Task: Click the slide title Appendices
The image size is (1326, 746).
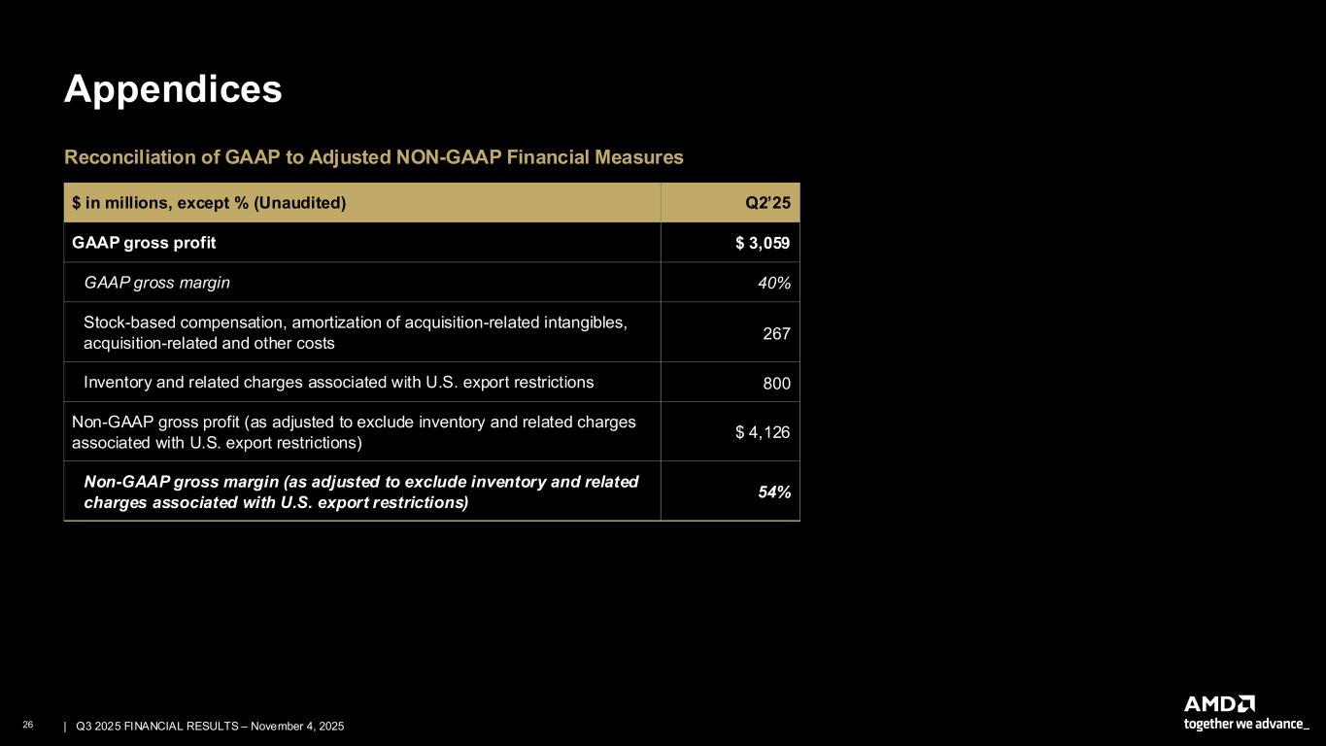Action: coord(173,89)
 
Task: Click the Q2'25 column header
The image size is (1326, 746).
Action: coord(767,203)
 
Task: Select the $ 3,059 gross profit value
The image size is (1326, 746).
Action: coord(763,243)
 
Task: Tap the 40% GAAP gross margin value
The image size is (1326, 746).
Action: coord(773,283)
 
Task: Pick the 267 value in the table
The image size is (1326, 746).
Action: coord(776,333)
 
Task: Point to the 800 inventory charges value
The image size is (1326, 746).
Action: coord(776,384)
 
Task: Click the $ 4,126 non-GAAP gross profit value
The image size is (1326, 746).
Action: coord(763,432)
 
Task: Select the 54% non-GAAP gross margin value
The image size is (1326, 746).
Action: coord(773,492)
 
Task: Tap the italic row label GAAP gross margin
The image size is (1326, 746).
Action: coord(157,283)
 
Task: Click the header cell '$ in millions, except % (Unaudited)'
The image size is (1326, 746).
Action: coord(209,203)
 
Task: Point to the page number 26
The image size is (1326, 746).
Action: coord(28,726)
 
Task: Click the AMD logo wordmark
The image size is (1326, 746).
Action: coord(1219,703)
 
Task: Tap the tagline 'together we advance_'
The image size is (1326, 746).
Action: coord(1246,724)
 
